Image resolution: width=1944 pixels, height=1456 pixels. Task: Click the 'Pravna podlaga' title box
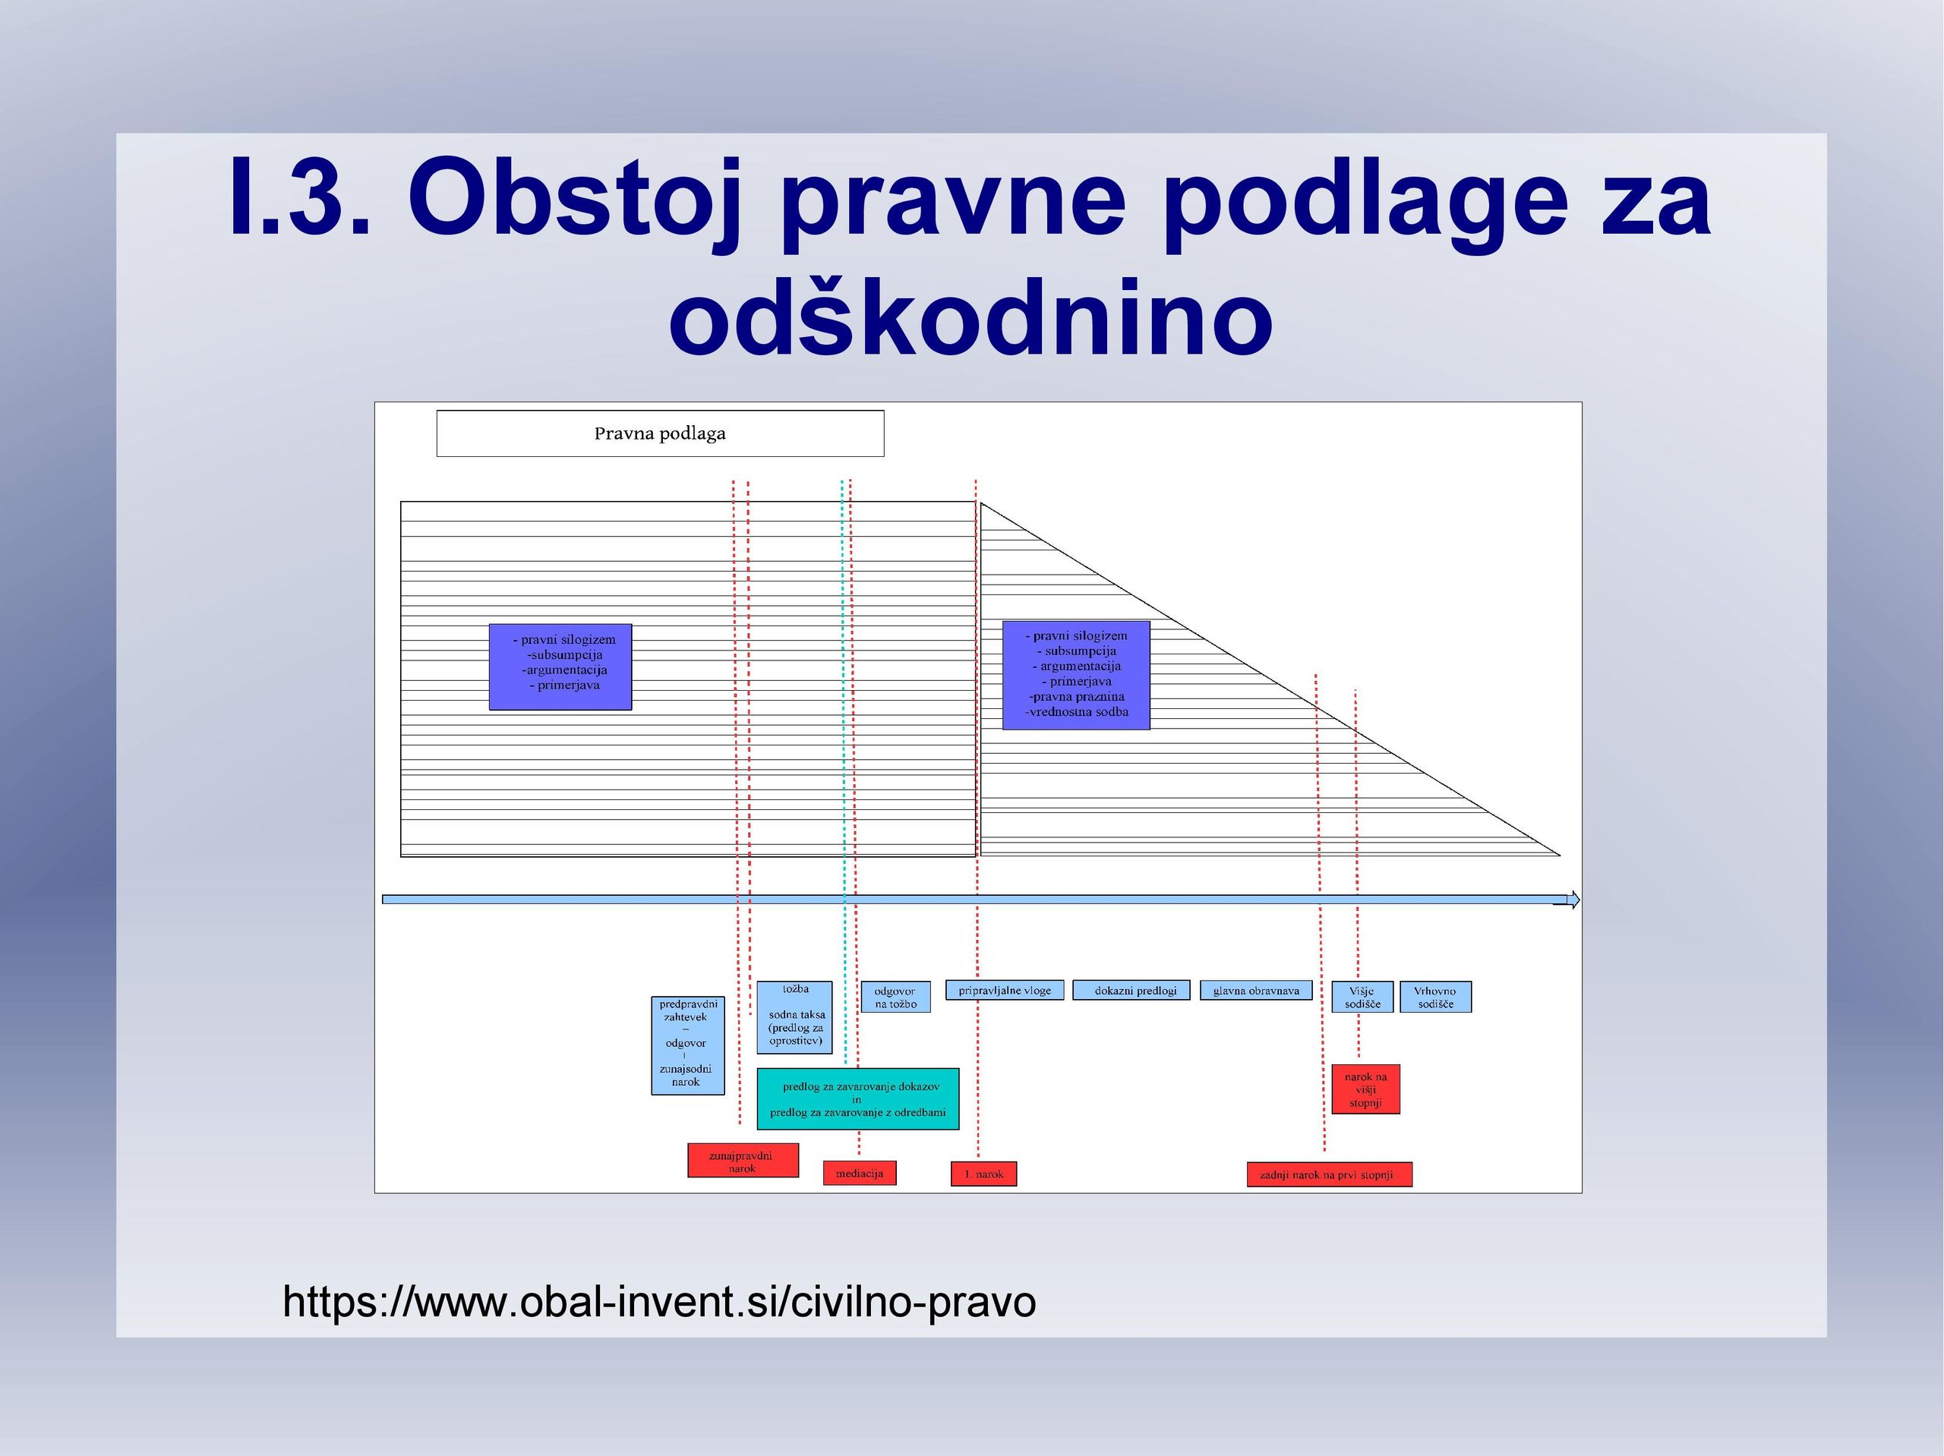point(660,433)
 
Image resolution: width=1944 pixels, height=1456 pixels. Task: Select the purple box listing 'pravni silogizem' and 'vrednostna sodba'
point(1076,675)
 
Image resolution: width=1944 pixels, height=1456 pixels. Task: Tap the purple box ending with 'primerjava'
point(560,667)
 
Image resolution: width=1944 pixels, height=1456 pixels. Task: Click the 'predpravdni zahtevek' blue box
point(687,1045)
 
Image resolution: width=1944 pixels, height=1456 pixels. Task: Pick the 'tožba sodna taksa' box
point(794,1017)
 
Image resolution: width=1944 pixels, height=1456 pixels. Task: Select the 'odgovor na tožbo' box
point(895,997)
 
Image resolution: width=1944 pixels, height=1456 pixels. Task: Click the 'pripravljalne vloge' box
point(1005,991)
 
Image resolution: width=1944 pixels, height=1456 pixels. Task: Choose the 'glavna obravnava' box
point(1256,991)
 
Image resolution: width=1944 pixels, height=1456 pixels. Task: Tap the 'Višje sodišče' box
point(1362,997)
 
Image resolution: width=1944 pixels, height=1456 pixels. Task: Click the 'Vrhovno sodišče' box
point(1435,997)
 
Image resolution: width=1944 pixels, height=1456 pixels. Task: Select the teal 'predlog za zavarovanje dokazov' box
point(858,1099)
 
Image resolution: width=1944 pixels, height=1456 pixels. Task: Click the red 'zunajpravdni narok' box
point(743,1161)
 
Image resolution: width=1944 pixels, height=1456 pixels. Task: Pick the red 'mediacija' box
point(860,1173)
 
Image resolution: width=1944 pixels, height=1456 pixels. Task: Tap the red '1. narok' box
point(983,1174)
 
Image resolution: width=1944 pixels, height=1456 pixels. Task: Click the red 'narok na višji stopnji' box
point(1365,1089)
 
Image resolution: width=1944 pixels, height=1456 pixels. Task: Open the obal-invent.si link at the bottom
point(659,1301)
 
